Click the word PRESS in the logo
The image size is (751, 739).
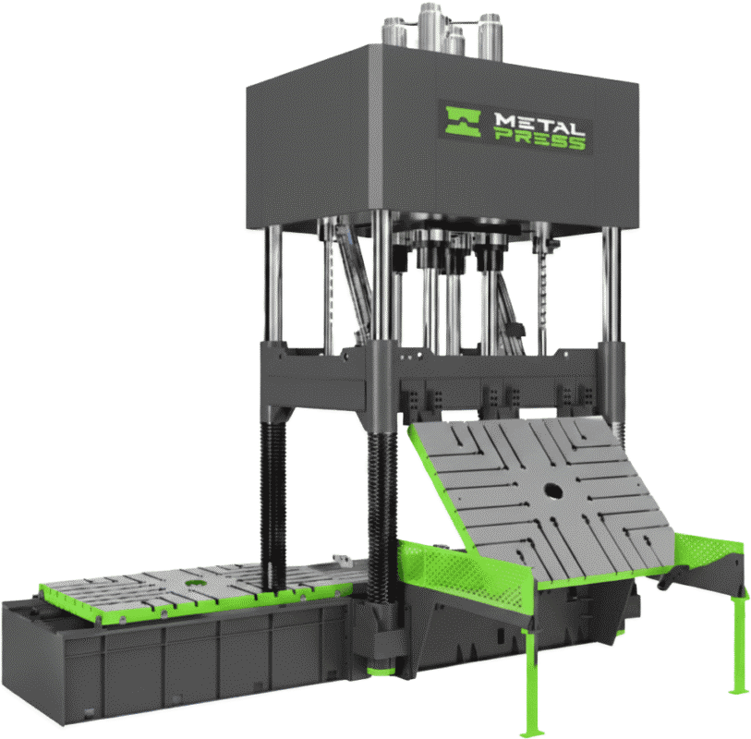pyautogui.click(x=539, y=140)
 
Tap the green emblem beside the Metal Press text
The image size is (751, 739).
pyautogui.click(x=463, y=122)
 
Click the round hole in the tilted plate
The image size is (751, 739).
pyautogui.click(x=552, y=491)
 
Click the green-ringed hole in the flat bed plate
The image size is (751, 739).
pyautogui.click(x=195, y=583)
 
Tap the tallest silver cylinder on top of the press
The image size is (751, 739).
pyautogui.click(x=430, y=27)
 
